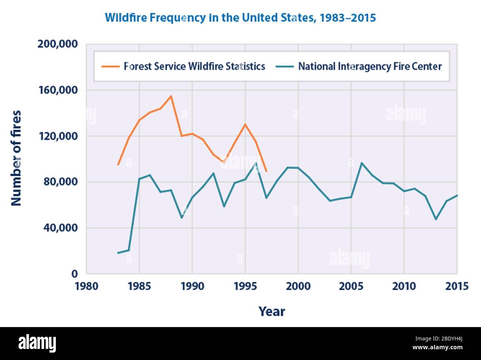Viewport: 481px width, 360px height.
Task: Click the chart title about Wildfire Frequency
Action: [240, 18]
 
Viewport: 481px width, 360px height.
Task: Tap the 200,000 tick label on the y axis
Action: [58, 44]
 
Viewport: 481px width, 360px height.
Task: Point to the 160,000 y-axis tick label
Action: [58, 90]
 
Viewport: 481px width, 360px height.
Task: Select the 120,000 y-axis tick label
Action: [58, 136]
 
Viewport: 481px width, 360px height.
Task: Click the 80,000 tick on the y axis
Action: [60, 182]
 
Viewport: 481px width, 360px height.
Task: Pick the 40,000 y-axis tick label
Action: [60, 228]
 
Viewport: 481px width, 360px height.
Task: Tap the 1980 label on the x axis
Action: [86, 286]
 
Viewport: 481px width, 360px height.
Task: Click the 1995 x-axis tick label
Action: [245, 286]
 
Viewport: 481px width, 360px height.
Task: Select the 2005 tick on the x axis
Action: [351, 286]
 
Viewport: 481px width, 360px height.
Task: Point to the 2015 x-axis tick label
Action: [457, 286]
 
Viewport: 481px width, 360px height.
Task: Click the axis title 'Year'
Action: [272, 312]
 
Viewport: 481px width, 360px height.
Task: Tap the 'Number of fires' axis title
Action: [16, 158]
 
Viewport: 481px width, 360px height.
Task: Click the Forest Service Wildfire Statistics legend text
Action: [194, 67]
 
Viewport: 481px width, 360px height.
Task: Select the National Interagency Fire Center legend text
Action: [370, 67]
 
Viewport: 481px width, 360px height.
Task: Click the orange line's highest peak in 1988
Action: [171, 96]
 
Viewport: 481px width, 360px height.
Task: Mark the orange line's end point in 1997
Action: [266, 171]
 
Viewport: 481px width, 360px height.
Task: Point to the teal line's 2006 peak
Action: [361, 163]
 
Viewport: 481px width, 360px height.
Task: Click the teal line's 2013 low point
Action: [436, 219]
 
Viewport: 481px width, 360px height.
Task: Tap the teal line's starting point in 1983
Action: [118, 253]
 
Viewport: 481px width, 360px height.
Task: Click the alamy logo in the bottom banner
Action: [37, 343]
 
